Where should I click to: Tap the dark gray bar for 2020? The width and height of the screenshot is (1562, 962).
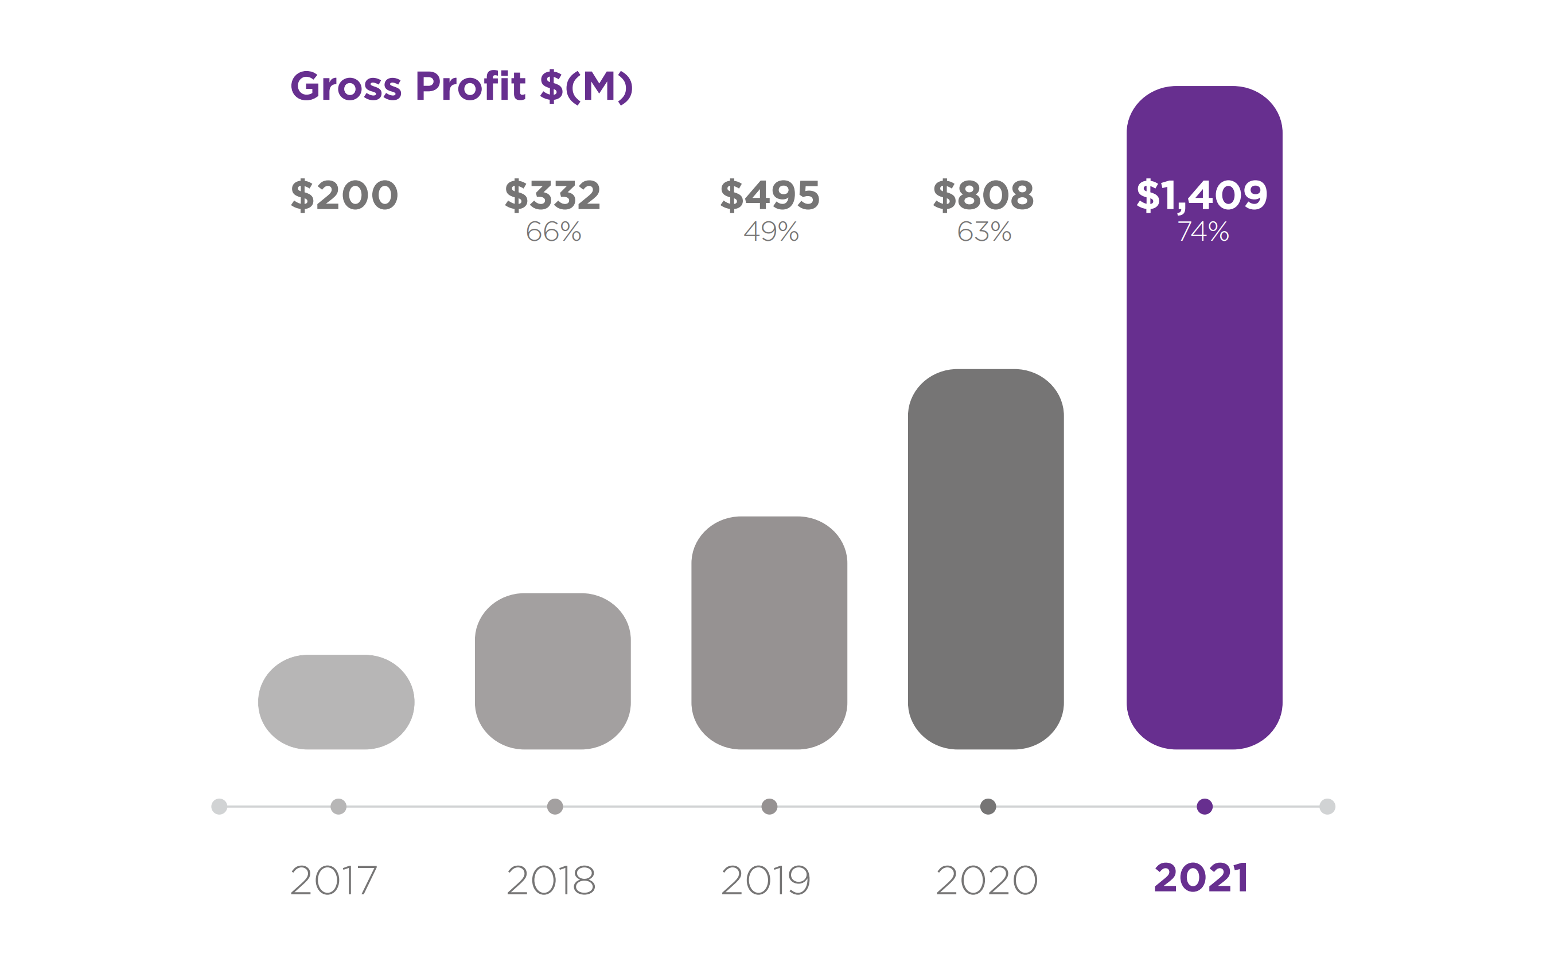point(985,560)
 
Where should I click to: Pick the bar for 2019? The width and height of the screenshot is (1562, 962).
point(769,633)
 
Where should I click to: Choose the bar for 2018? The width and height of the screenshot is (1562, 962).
point(552,671)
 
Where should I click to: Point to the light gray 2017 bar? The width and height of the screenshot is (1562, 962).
point(336,702)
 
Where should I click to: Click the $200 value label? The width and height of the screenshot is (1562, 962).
point(344,195)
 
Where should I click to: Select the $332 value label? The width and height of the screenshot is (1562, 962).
point(552,195)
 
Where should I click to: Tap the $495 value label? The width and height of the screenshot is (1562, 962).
point(770,195)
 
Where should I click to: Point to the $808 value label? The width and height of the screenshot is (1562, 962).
point(983,195)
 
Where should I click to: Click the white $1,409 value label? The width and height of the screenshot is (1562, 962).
point(1202,195)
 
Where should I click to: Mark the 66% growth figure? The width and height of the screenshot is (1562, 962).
point(553,232)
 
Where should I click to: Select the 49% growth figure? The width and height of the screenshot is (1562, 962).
point(771,232)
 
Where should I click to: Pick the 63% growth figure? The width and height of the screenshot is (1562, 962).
point(984,232)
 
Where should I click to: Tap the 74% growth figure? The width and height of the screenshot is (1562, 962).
point(1203,232)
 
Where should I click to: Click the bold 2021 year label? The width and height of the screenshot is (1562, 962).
point(1201,878)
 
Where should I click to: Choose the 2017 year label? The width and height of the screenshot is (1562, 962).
point(333,880)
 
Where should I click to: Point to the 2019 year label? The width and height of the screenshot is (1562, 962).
point(766,880)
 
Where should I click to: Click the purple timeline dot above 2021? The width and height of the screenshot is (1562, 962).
point(1204,807)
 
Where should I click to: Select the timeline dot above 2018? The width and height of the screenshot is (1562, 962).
point(555,807)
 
